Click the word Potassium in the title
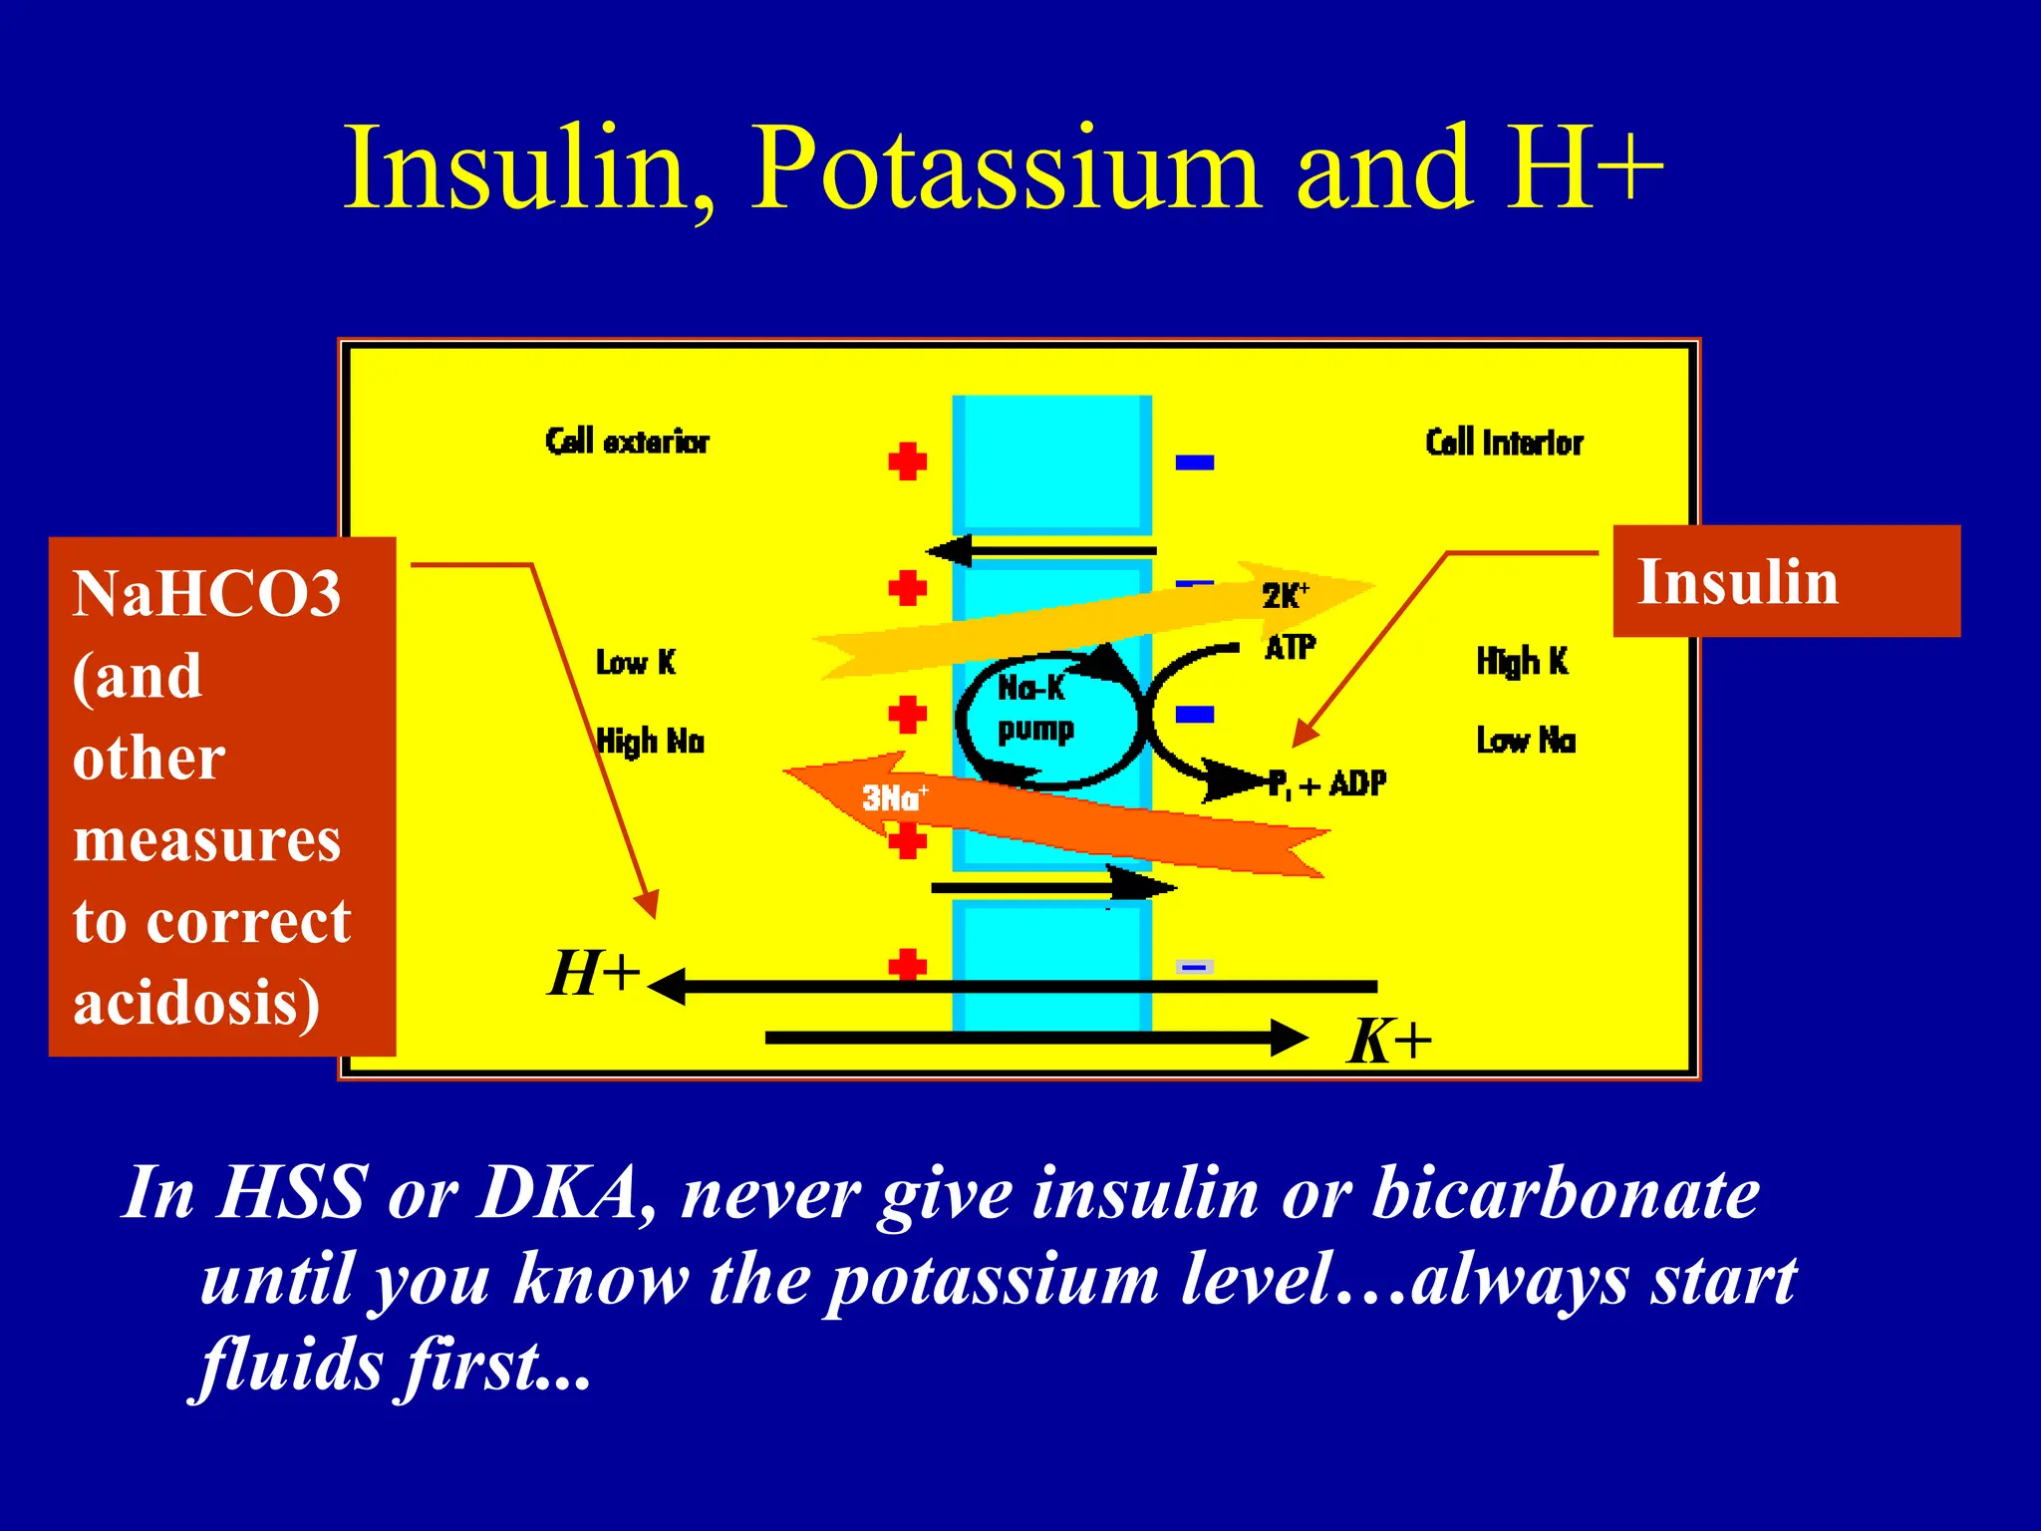tap(1007, 169)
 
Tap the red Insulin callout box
tap(1786, 581)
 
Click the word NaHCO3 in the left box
tap(206, 594)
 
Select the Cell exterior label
tap(627, 442)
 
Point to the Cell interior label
tap(1503, 443)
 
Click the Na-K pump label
tap(1034, 709)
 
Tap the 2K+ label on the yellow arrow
tap(1284, 596)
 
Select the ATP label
tap(1290, 648)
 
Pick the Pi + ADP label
tap(1326, 785)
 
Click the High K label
tap(1522, 662)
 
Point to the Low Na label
tap(1526, 741)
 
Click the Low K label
tap(635, 663)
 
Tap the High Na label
tap(650, 742)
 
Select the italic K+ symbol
tap(1388, 1043)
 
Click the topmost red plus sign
tap(907, 461)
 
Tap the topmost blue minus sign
tap(1194, 461)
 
